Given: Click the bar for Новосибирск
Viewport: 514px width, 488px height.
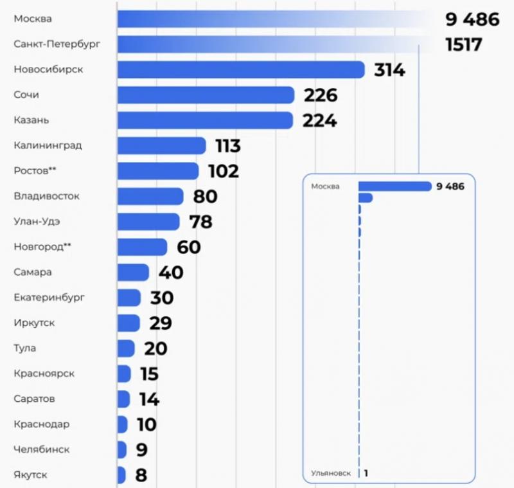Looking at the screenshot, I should (x=241, y=69).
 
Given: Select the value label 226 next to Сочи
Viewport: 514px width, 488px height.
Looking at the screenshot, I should (x=320, y=95).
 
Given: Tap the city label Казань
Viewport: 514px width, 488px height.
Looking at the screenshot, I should (x=31, y=120).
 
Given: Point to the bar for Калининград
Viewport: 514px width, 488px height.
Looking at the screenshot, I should (x=161, y=146).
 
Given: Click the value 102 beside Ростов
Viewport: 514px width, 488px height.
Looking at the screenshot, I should (x=223, y=171).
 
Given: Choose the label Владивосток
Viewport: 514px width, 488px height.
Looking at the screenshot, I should (x=46, y=196).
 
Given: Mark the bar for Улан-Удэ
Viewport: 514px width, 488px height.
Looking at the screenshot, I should (x=148, y=222).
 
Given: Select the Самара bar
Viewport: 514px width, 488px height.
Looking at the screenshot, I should (x=133, y=272).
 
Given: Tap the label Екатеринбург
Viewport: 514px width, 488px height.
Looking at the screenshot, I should (x=49, y=298).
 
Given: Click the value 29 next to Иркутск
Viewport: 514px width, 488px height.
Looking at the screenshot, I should (x=159, y=323).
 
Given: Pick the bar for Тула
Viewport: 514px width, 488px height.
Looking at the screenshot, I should (x=126, y=348).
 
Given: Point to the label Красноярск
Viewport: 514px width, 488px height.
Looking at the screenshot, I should (x=43, y=374).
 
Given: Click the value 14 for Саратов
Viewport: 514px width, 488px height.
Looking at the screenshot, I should (x=148, y=399).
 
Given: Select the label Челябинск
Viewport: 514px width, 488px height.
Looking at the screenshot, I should (x=41, y=449).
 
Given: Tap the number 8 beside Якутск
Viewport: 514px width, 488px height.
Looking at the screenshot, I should (x=141, y=475).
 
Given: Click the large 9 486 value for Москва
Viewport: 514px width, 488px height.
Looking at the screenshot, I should (x=472, y=19).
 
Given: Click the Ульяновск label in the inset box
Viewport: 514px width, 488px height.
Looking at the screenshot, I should (x=330, y=473).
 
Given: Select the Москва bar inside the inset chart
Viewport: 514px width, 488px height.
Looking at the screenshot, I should (x=394, y=186).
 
